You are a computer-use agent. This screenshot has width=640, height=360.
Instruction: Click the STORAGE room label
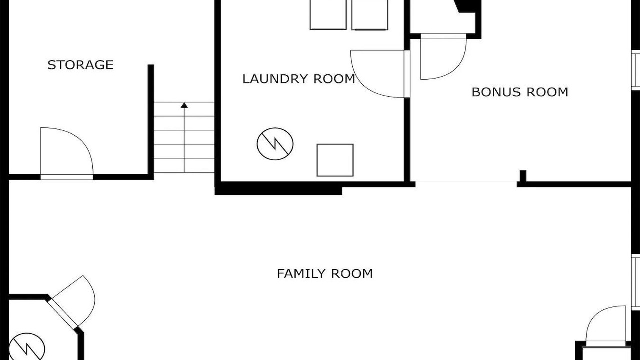tap(80, 65)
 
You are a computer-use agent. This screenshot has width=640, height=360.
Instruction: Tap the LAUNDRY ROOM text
tap(299, 79)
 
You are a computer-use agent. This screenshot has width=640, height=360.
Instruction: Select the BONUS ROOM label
tap(520, 92)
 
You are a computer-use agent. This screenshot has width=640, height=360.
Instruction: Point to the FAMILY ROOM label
tap(325, 273)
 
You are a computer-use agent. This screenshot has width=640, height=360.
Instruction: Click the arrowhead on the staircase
tap(184, 105)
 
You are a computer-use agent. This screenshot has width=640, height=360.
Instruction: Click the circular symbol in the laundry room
tap(275, 144)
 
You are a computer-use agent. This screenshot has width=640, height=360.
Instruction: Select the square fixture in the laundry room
tap(335, 160)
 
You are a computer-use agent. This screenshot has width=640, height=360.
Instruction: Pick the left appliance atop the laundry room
tap(328, 14)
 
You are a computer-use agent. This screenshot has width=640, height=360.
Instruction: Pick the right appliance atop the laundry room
tap(370, 15)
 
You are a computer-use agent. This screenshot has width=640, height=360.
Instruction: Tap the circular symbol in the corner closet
tap(27, 347)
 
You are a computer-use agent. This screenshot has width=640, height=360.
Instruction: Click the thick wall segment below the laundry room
tap(278, 188)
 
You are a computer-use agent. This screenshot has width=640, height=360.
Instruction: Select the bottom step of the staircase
tap(184, 165)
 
